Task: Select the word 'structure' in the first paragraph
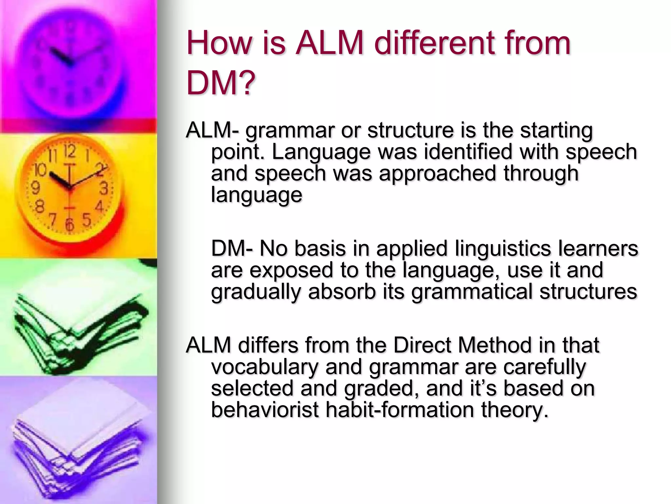(x=410, y=130)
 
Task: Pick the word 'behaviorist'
(x=265, y=409)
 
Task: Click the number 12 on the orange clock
(x=69, y=152)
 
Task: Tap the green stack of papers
(x=79, y=325)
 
